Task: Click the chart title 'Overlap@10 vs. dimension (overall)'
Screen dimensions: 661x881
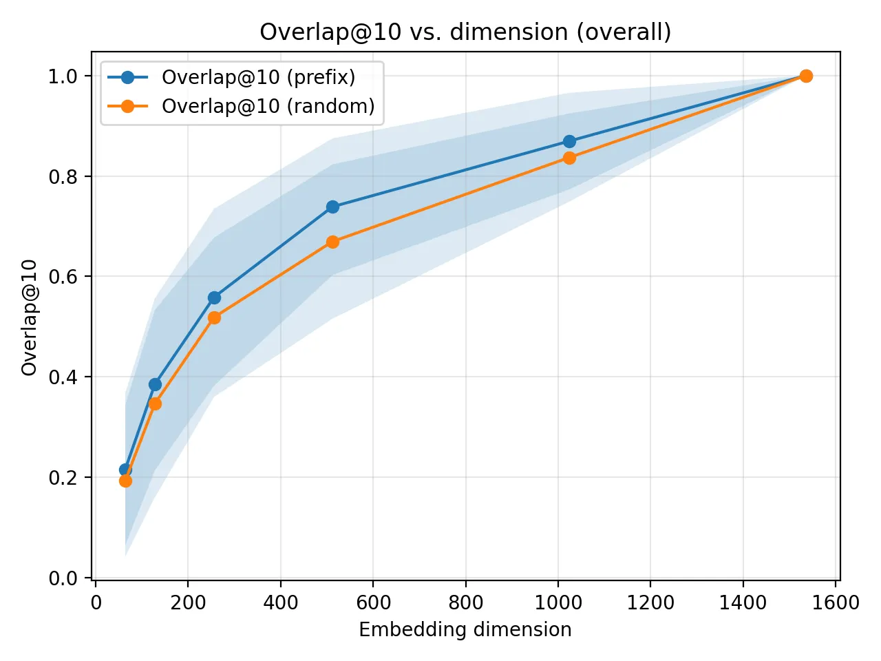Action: pos(465,32)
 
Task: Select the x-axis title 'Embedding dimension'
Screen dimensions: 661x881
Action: pos(465,629)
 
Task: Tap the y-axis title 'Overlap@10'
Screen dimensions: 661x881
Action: pos(29,317)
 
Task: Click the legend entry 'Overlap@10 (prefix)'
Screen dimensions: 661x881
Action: pos(258,77)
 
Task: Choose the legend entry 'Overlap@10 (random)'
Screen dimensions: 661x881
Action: pos(268,106)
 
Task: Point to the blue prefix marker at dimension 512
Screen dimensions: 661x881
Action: pos(332,207)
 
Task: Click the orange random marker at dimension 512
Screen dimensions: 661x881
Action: pos(332,242)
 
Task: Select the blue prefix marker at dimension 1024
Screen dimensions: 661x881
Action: pos(569,141)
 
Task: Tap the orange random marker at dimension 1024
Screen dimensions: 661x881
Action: pos(569,158)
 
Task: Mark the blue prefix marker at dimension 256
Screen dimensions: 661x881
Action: pos(214,297)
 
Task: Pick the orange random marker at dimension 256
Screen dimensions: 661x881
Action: pos(214,317)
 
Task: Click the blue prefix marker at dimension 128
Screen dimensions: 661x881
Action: pos(155,384)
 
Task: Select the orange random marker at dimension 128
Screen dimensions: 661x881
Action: pos(155,403)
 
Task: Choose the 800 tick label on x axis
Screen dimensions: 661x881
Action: pos(465,603)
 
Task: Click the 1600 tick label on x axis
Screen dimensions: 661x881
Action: pos(836,603)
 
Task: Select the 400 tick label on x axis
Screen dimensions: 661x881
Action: pos(280,603)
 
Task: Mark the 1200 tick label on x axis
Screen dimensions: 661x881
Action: pos(650,603)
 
